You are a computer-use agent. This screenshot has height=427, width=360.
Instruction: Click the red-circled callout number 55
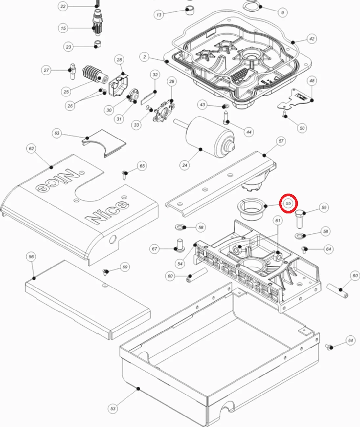pos(288,203)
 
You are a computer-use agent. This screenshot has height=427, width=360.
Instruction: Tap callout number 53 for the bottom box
pos(113,408)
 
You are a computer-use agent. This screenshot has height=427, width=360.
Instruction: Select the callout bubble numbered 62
pos(31,149)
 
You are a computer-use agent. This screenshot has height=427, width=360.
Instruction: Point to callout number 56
pos(31,257)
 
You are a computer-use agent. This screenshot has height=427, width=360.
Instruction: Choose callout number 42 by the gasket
pos(312,39)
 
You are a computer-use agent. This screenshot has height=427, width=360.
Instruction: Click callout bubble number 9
pos(282,13)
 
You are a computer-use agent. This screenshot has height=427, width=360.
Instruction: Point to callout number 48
pos(312,81)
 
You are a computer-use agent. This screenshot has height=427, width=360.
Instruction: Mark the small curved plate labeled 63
pos(104,142)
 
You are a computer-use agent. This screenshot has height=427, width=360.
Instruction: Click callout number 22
pos(63,6)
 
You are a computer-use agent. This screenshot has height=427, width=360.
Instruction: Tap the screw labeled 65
pos(125,175)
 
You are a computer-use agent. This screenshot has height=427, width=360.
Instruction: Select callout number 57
pos(281,141)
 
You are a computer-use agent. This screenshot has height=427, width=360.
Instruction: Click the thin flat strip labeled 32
pos(148,98)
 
